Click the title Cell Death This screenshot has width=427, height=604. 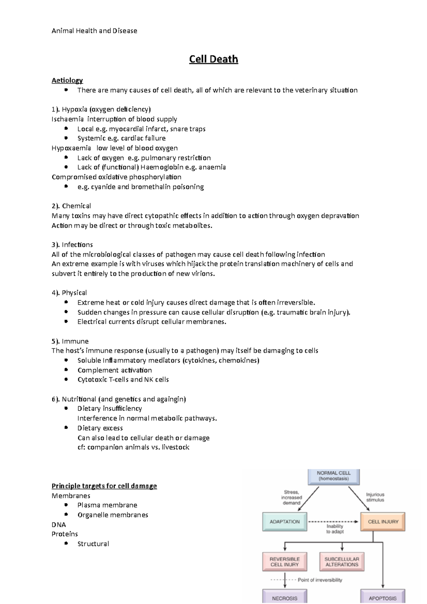[213, 59]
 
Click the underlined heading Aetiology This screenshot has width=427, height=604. [67, 80]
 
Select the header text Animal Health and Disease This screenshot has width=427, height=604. [94, 31]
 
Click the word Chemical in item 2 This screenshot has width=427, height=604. [77, 206]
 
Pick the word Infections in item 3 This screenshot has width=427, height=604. [77, 245]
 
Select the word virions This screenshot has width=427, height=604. [203, 274]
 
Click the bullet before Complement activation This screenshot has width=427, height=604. [66, 370]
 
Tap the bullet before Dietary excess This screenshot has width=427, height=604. [66, 428]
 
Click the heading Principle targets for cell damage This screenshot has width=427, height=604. [104, 486]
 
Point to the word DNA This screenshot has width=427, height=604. [59, 525]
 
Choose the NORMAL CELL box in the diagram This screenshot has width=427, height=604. [333, 476]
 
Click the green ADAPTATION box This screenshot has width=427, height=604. [285, 522]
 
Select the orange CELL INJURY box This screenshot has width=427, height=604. [383, 522]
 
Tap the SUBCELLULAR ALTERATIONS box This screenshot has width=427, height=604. [342, 562]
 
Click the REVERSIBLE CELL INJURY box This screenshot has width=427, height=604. [285, 562]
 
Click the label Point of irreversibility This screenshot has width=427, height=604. [320, 580]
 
